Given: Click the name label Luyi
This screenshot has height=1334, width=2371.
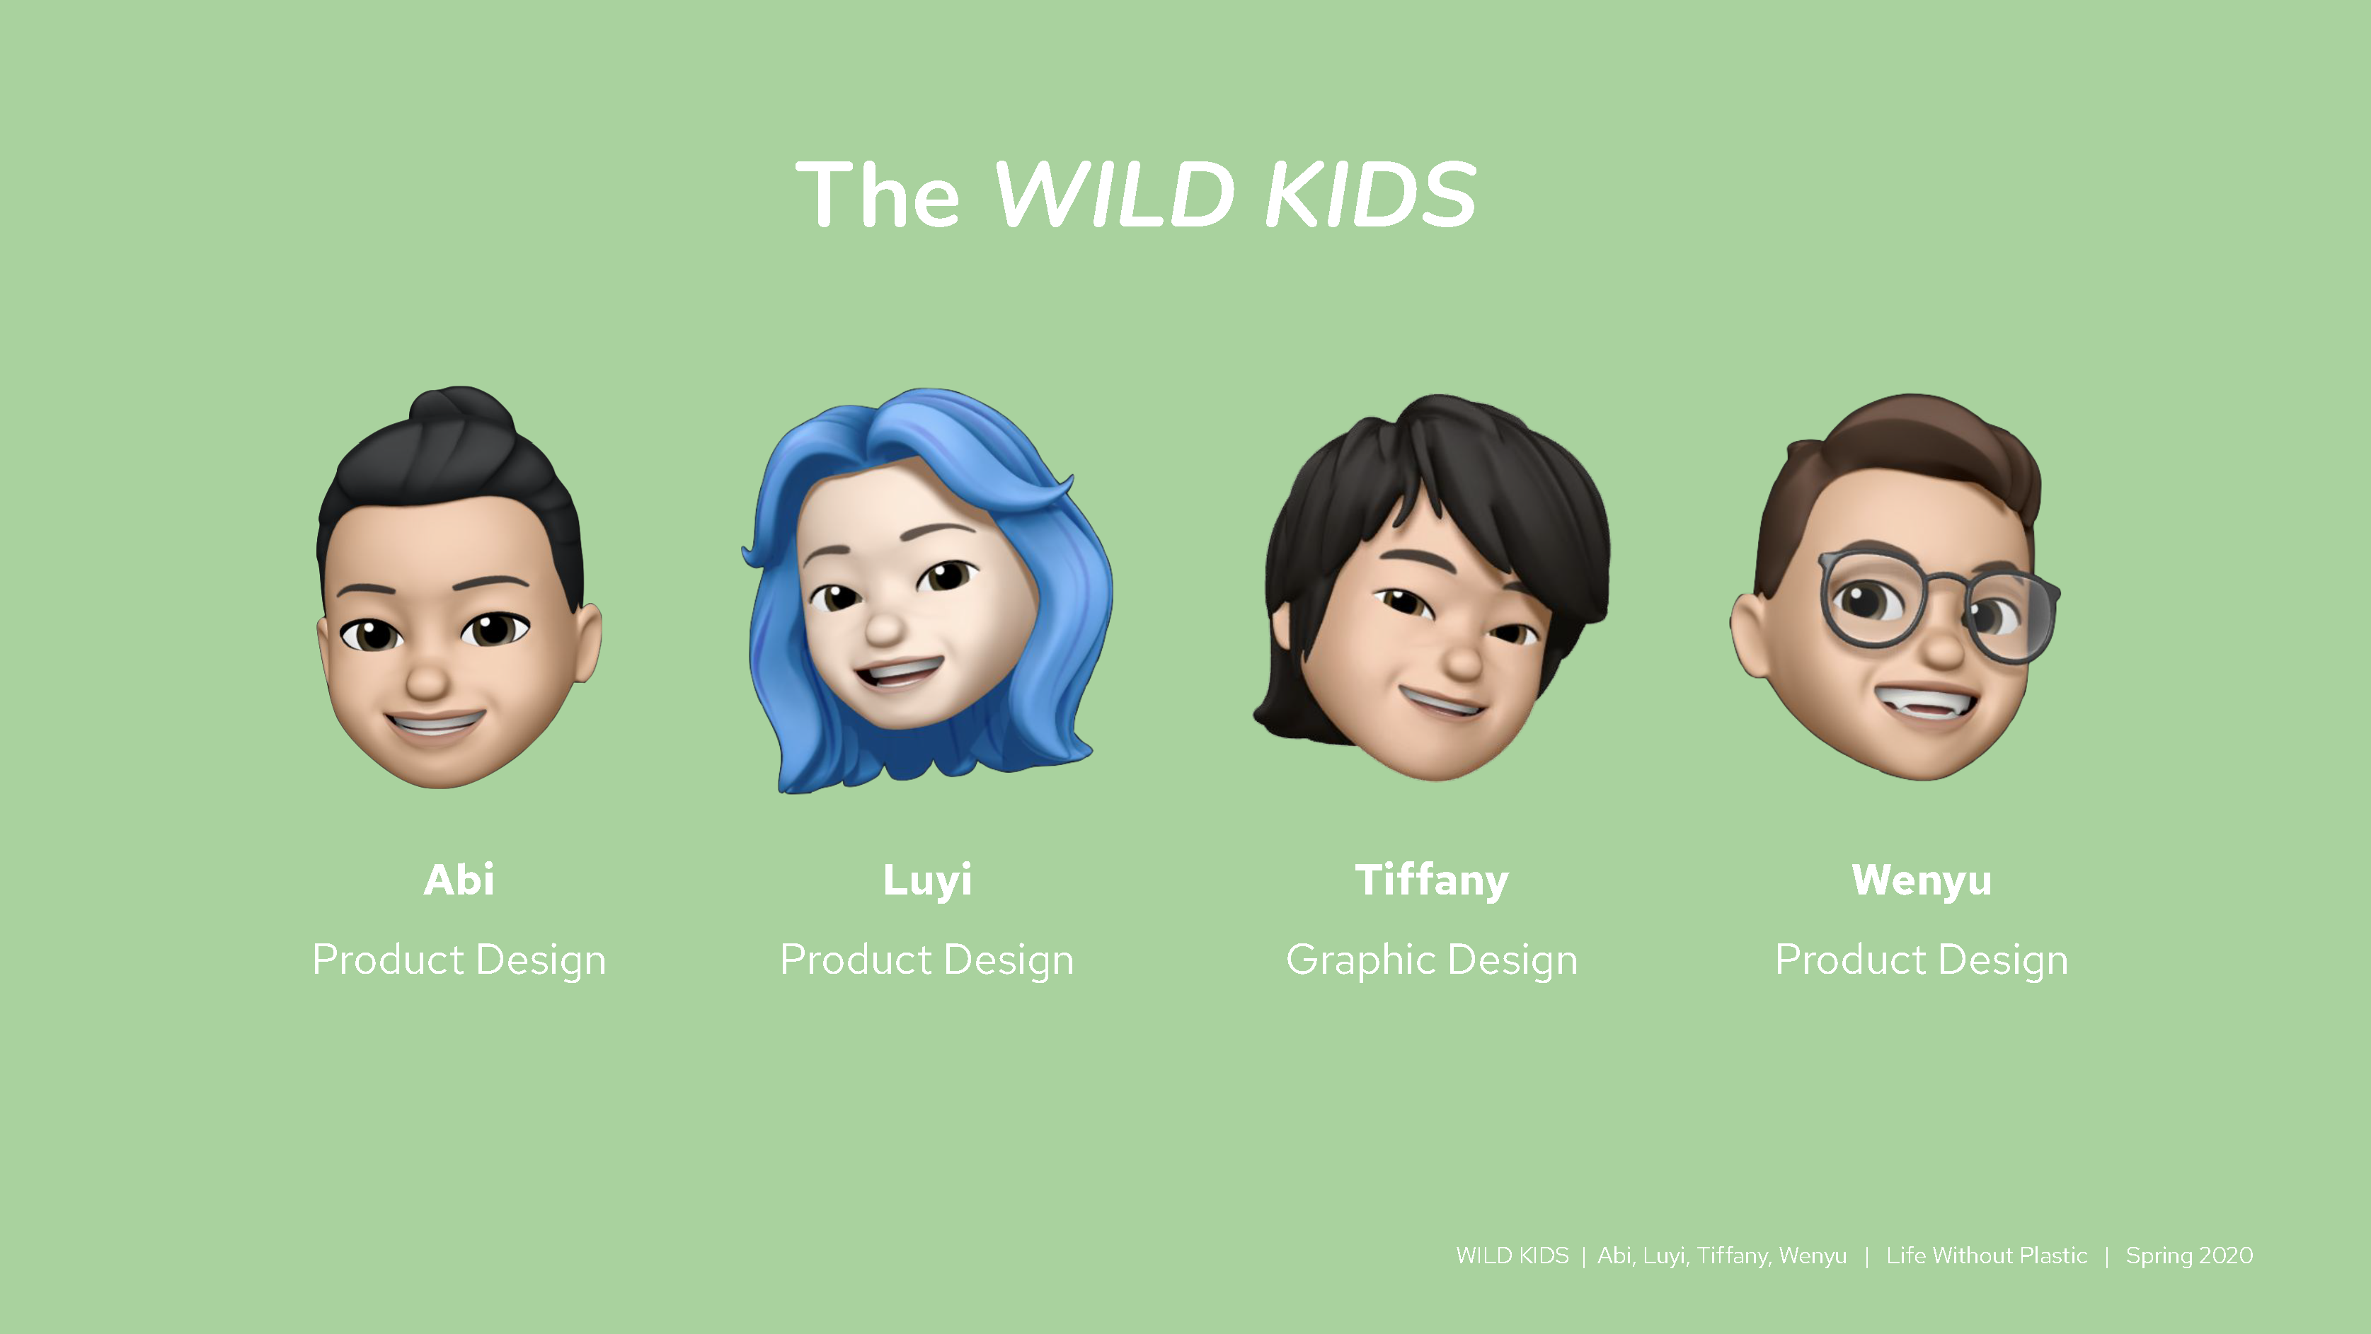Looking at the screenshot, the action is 927,880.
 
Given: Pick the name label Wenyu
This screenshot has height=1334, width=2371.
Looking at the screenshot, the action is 1922,880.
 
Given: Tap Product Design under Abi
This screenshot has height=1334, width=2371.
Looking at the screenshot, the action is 459,960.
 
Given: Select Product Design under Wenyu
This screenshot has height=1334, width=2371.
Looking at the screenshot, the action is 1922,960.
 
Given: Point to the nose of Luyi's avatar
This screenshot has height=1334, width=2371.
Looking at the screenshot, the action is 885,627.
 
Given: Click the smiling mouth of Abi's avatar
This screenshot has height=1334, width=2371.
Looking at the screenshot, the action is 435,724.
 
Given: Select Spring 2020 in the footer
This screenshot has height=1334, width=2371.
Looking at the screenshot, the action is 2189,1255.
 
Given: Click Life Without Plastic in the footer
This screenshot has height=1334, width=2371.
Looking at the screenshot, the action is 1986,1255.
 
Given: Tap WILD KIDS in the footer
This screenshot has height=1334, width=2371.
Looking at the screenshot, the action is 1512,1255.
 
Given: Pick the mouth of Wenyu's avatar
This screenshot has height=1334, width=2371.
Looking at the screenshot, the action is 1926,703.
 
